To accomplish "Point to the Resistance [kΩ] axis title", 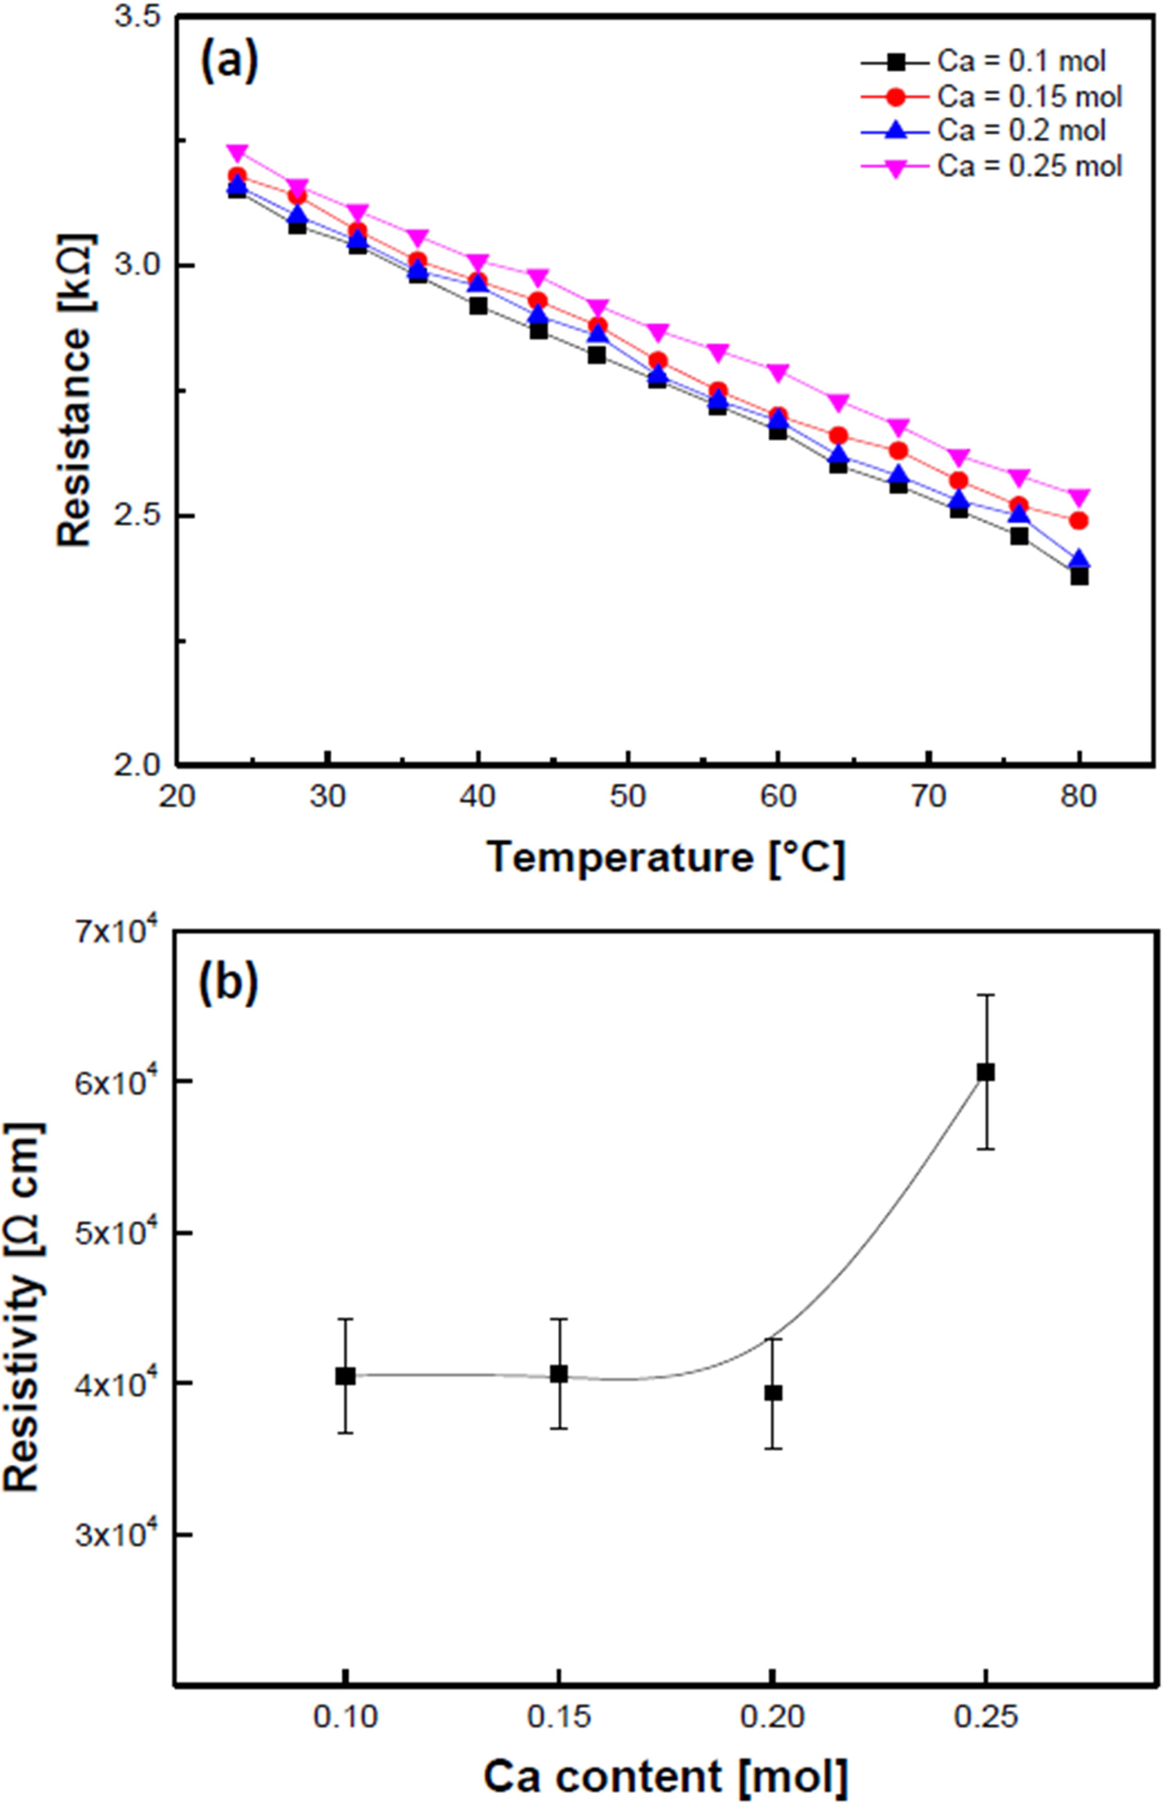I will click(74, 390).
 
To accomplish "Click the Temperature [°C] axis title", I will click(665, 858).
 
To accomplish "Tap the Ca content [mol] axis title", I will click(665, 1775).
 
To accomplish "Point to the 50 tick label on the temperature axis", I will click(627, 795).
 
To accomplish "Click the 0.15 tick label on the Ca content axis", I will click(559, 1715).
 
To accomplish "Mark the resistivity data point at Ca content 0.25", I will click(986, 1072).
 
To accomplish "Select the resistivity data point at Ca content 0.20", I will click(773, 1393).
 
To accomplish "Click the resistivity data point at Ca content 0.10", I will click(345, 1376).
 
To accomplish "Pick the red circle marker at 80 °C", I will click(1079, 521).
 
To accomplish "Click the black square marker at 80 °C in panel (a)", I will click(1079, 576).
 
